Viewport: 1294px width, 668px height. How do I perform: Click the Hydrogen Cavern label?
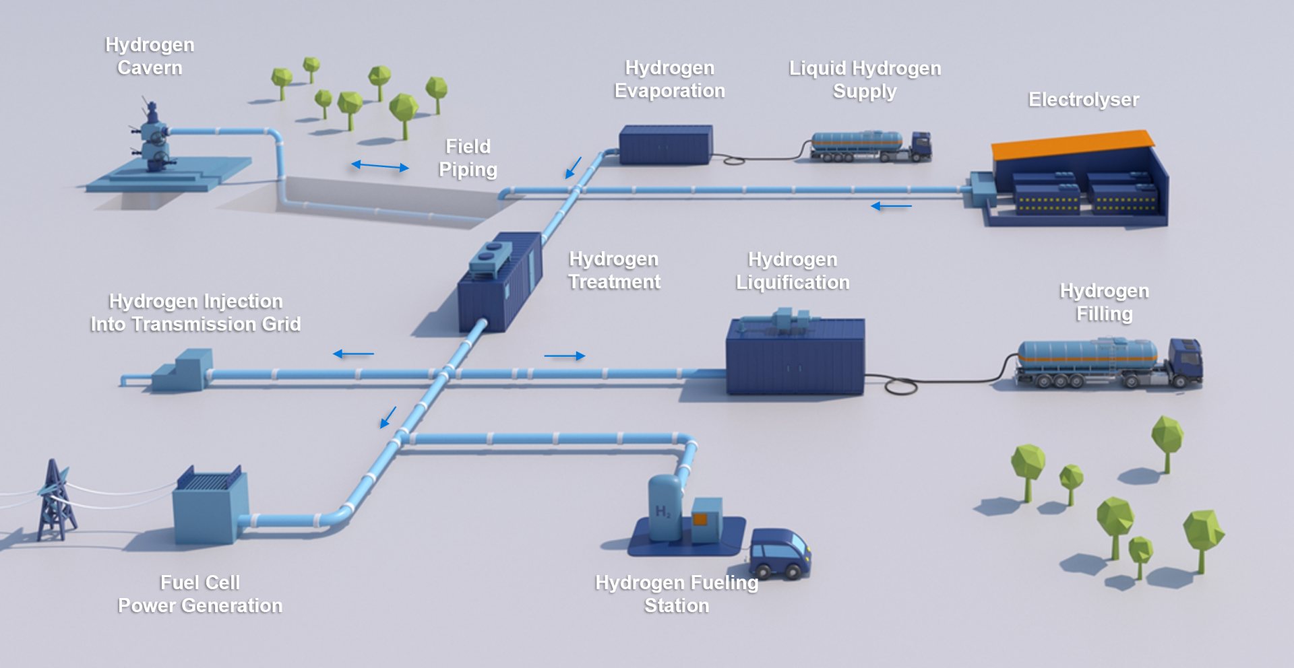[150, 57]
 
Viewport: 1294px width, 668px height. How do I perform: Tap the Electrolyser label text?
[1083, 100]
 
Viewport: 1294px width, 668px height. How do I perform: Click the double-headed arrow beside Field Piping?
[380, 166]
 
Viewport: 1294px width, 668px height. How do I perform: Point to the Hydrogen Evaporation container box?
[665, 144]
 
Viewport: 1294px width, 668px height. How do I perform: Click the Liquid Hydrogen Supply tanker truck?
[869, 146]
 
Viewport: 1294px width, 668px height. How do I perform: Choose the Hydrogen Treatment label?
[614, 271]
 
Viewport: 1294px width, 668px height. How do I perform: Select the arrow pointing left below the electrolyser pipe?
[891, 206]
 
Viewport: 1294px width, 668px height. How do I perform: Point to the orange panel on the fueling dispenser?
[700, 519]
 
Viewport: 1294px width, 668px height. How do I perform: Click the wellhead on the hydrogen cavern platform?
[154, 138]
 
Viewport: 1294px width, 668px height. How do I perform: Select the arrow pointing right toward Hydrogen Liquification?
[565, 356]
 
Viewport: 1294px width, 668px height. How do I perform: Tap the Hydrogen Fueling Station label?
[677, 594]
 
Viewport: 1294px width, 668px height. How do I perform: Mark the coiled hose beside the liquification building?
[900, 386]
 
